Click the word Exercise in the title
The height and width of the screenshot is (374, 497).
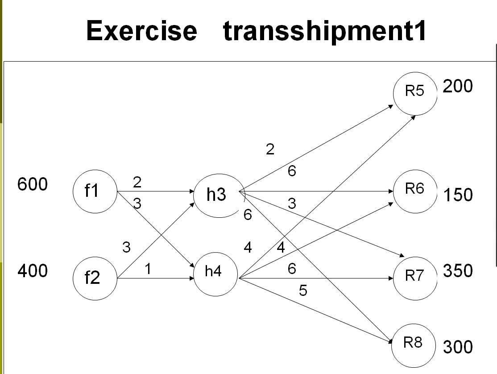[x=141, y=31]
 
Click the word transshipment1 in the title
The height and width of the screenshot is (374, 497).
[x=325, y=31]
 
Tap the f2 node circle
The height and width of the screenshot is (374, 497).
[x=94, y=278]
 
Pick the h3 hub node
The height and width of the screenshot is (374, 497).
[x=216, y=195]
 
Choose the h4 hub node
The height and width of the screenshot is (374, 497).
[x=215, y=273]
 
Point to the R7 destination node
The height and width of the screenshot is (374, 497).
[x=414, y=276]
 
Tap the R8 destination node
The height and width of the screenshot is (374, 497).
[x=413, y=344]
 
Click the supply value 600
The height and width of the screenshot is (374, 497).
[x=32, y=184]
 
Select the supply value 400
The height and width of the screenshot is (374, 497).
[x=32, y=270]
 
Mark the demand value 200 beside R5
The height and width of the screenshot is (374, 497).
[x=457, y=86]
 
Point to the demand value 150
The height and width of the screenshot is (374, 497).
[x=457, y=195]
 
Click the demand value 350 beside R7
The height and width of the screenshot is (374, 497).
[x=457, y=270]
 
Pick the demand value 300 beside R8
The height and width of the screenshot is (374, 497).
[x=457, y=347]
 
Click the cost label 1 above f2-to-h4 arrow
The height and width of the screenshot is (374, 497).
[x=148, y=269]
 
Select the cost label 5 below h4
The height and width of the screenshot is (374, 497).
[x=303, y=291]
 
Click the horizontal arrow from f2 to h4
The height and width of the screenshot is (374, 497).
[x=156, y=278]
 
